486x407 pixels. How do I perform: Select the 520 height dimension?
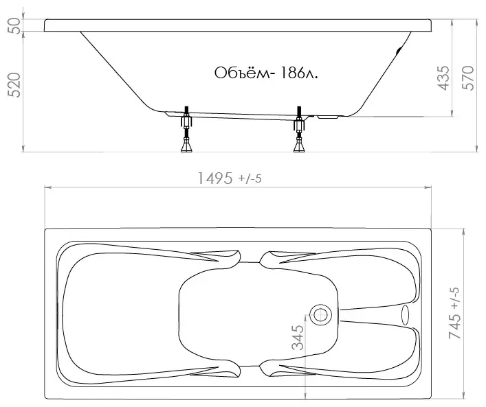(x=14, y=85)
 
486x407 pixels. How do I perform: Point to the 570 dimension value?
(x=468, y=78)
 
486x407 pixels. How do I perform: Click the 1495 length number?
(x=214, y=178)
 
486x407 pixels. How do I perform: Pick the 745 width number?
(x=454, y=324)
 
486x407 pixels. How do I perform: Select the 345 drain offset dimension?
(x=298, y=338)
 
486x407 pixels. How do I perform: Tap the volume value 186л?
(x=298, y=73)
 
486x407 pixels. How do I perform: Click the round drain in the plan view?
(x=320, y=315)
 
